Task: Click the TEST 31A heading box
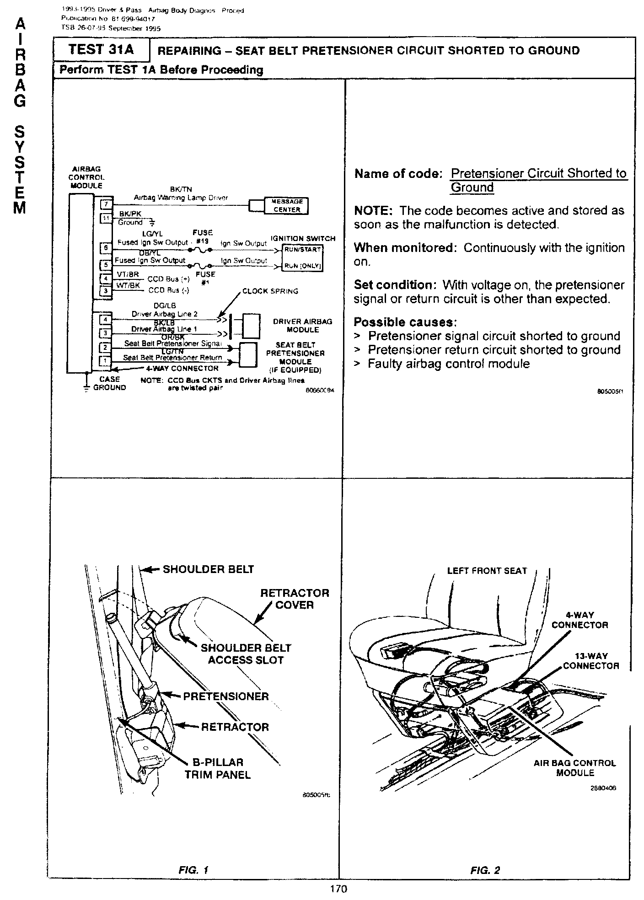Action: pyautogui.click(x=101, y=49)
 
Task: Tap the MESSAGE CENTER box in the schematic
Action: pyautogui.click(x=287, y=206)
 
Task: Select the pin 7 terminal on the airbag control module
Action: pyautogui.click(x=106, y=204)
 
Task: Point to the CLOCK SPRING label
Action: pyautogui.click(x=270, y=291)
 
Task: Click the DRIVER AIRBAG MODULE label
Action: pyautogui.click(x=302, y=325)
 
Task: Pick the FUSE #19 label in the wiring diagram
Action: pyautogui.click(x=203, y=236)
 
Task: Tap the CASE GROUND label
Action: pyautogui.click(x=109, y=383)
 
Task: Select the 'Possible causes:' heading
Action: pyautogui.click(x=405, y=322)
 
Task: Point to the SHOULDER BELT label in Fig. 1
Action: pyautogui.click(x=208, y=569)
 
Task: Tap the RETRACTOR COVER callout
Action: pyautogui.click(x=295, y=599)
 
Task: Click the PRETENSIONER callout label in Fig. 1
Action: pyautogui.click(x=225, y=696)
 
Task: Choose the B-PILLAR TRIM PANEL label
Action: pyautogui.click(x=218, y=768)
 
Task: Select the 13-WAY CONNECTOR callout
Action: pyautogui.click(x=591, y=661)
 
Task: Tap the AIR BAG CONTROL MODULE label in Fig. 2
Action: pyautogui.click(x=575, y=768)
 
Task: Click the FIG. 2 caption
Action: pyautogui.click(x=485, y=870)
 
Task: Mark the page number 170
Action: pyautogui.click(x=338, y=889)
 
